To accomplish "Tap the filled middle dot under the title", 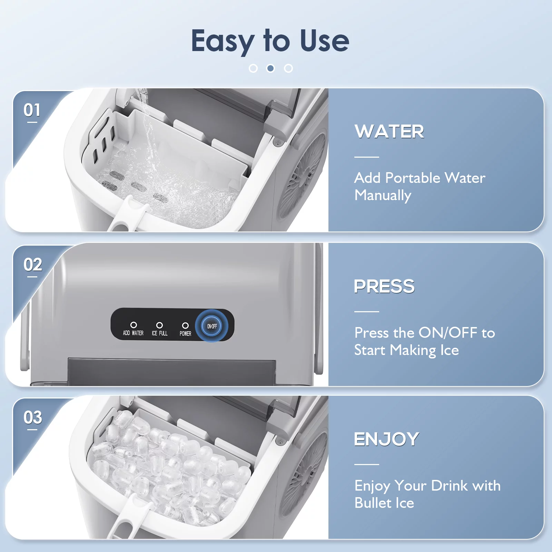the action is pos(271,68).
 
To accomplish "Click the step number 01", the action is pos(32,110).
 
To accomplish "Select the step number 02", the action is pos(33,265).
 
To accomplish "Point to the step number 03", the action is pos(33,417).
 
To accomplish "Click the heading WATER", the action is pos(390,131).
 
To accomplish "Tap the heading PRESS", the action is pos(384,286).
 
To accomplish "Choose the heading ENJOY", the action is pos(387,439).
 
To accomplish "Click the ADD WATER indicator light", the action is pos(134,325).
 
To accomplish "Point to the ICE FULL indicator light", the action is pos(159,325).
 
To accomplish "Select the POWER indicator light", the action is pos(185,325).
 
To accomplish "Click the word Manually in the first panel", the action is pos(383,196).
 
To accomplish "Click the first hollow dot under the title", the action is pos(253,68).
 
